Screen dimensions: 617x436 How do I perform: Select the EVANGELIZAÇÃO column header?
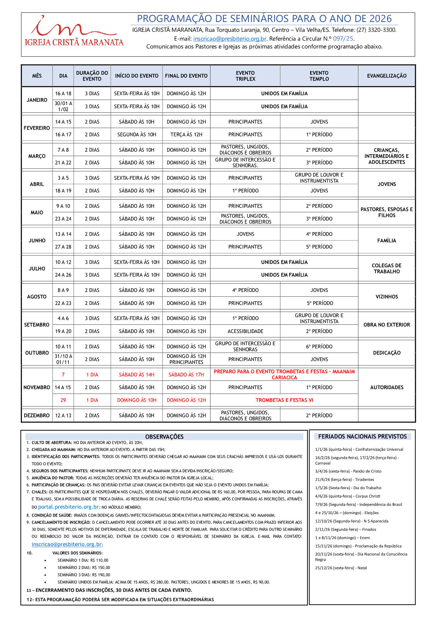(387, 76)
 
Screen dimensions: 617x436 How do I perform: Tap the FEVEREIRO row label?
(37, 128)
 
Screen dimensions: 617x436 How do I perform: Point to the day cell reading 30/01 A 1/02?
(63, 107)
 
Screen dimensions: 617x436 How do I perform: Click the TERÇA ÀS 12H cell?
(186, 135)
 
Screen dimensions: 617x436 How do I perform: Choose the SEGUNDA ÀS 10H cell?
(137, 135)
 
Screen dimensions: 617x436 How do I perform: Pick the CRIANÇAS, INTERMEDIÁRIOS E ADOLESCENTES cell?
(387, 156)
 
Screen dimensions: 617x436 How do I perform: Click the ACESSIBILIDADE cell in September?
(245, 331)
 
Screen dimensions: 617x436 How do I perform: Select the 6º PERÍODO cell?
(319, 347)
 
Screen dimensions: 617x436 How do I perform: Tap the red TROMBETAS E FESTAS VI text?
(284, 400)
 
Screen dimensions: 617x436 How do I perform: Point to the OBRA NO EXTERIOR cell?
(387, 325)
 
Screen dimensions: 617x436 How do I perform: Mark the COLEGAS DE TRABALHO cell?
(387, 268)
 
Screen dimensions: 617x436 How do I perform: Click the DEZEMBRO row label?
(37, 416)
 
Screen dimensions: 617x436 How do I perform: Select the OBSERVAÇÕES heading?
(164, 437)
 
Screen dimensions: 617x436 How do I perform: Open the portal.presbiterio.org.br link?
(68, 507)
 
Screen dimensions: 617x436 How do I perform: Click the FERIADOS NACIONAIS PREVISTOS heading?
(362, 436)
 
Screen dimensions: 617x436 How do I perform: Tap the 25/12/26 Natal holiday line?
(341, 568)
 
